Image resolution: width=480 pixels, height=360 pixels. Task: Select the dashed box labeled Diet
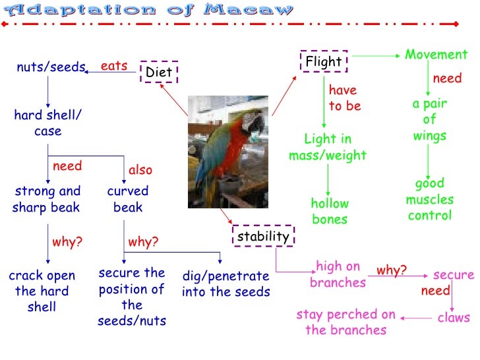click(x=158, y=72)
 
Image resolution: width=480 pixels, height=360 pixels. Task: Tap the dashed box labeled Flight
click(x=323, y=62)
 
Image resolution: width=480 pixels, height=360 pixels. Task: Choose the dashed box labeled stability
click(x=263, y=236)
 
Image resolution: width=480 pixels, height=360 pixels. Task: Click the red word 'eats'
click(x=113, y=66)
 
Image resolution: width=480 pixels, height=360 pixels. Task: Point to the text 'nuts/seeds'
click(x=51, y=67)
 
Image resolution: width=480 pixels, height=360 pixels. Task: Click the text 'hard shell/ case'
click(x=47, y=123)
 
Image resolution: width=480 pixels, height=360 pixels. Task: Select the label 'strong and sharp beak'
click(x=47, y=199)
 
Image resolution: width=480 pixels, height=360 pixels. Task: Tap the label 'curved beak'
click(x=128, y=199)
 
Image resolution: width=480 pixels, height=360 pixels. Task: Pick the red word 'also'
click(x=140, y=170)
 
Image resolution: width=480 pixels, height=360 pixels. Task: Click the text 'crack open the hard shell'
click(x=42, y=291)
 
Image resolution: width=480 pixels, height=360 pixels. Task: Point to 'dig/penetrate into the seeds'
click(x=225, y=284)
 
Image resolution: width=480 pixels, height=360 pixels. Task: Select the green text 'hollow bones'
click(x=330, y=212)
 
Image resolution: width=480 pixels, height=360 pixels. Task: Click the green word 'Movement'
click(x=436, y=55)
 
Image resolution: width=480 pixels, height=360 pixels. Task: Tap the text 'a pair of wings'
click(x=429, y=120)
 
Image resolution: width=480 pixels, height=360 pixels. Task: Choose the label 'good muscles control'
click(x=429, y=199)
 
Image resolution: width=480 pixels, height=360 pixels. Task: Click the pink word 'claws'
click(x=454, y=317)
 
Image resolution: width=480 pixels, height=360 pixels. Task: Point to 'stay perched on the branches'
click(x=345, y=322)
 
